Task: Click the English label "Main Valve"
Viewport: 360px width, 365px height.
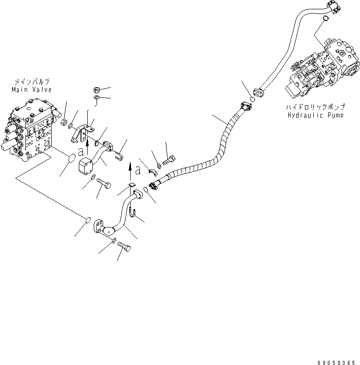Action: pyautogui.click(x=32, y=90)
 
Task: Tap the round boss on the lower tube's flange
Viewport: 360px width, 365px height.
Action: pyautogui.click(x=108, y=230)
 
